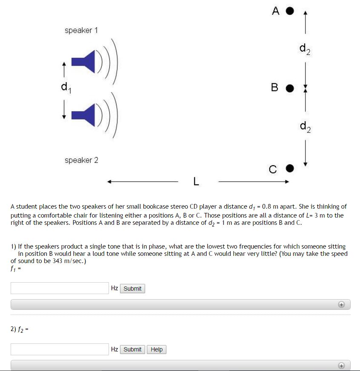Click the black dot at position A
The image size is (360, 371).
pyautogui.click(x=290, y=11)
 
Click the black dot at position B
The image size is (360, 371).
pyautogui.click(x=290, y=88)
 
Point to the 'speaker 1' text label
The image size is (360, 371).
pyautogui.click(x=81, y=30)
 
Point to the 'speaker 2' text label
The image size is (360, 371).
pyautogui.click(x=81, y=160)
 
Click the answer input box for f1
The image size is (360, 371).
pyautogui.click(x=60, y=288)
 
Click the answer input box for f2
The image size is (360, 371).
pyautogui.click(x=60, y=349)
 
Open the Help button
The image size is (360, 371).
pyautogui.click(x=157, y=349)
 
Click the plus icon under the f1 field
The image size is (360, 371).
pyautogui.click(x=341, y=304)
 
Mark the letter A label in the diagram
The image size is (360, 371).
pyautogui.click(x=276, y=11)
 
